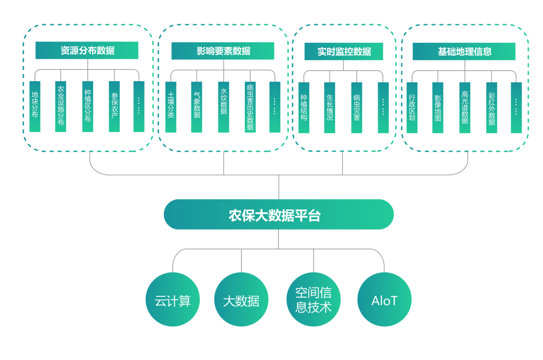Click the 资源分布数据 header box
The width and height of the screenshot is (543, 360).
click(87, 50)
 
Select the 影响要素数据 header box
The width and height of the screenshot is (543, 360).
click(223, 51)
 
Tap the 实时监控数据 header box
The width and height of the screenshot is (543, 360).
click(344, 51)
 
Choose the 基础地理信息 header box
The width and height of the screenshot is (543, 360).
click(464, 51)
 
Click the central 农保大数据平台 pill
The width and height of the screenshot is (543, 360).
click(279, 214)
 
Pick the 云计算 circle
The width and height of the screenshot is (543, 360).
click(173, 300)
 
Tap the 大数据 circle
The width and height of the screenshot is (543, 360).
click(241, 300)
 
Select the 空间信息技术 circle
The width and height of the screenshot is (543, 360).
click(313, 300)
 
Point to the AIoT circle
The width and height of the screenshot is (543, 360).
click(384, 300)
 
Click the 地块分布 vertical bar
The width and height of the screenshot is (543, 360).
click(35, 107)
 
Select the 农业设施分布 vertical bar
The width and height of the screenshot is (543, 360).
click(61, 107)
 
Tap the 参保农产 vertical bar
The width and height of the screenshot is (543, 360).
click(114, 107)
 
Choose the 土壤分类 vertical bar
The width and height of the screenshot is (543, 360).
click(171, 107)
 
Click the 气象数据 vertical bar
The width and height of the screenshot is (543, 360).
click(197, 107)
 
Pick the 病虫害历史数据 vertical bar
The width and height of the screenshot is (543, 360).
click(250, 107)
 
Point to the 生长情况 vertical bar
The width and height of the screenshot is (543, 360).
click(330, 108)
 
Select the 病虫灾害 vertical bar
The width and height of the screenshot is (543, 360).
click(357, 108)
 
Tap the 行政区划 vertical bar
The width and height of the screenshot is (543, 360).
click(412, 108)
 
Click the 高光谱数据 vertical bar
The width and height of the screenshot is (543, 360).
click(465, 108)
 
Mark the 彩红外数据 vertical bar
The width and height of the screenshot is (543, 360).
click(492, 108)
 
